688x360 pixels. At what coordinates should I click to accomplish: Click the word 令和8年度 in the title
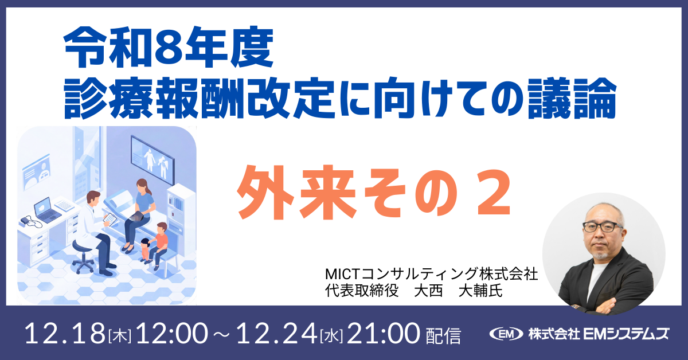(167, 51)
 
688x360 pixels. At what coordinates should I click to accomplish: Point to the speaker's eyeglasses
(601, 226)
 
